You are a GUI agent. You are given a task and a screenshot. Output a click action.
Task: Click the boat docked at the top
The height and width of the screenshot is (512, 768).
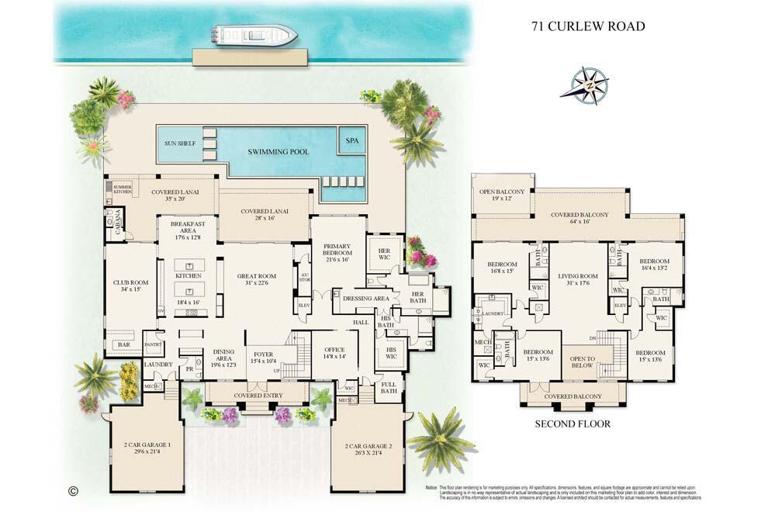tap(254, 35)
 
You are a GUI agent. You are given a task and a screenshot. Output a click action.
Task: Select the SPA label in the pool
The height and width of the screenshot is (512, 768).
tap(352, 140)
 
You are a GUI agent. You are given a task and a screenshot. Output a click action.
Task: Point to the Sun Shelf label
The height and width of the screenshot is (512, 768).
tap(180, 144)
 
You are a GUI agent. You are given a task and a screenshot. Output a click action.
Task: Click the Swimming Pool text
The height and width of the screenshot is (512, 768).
tap(278, 151)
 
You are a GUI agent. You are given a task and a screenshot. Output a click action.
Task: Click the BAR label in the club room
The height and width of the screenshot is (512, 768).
tap(123, 344)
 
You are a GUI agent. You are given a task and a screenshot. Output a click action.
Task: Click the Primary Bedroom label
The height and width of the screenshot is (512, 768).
tap(337, 253)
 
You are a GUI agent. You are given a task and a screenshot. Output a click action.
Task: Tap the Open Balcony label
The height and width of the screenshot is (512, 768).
tap(502, 194)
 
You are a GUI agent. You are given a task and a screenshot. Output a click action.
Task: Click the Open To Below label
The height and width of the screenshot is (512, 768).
tap(582, 362)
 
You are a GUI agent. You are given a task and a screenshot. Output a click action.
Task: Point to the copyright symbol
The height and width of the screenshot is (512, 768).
tap(74, 490)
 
